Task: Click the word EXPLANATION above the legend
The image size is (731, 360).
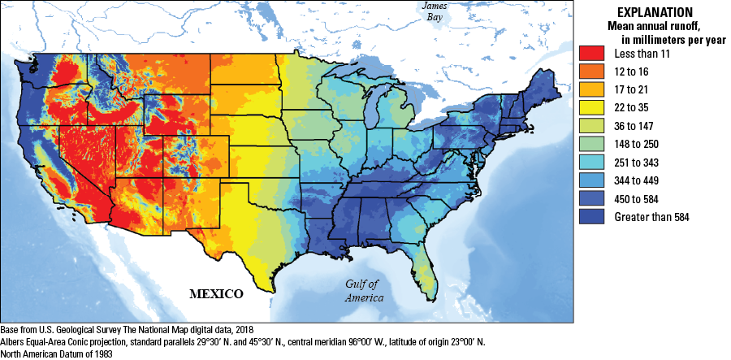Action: (x=655, y=12)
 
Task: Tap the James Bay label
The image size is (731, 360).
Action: (x=432, y=11)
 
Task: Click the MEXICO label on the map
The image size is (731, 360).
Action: (x=218, y=293)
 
